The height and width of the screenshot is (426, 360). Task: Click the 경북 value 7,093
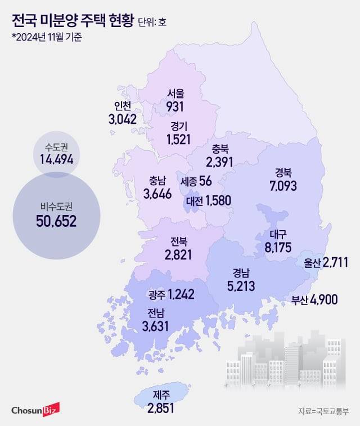282,185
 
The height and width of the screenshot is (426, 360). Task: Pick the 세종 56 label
196,181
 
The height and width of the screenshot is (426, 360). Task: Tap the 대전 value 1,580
218,200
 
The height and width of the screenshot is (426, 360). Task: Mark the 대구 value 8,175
279,246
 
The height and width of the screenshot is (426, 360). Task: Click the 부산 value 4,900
323,299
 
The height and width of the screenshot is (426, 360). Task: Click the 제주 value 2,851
160,408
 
